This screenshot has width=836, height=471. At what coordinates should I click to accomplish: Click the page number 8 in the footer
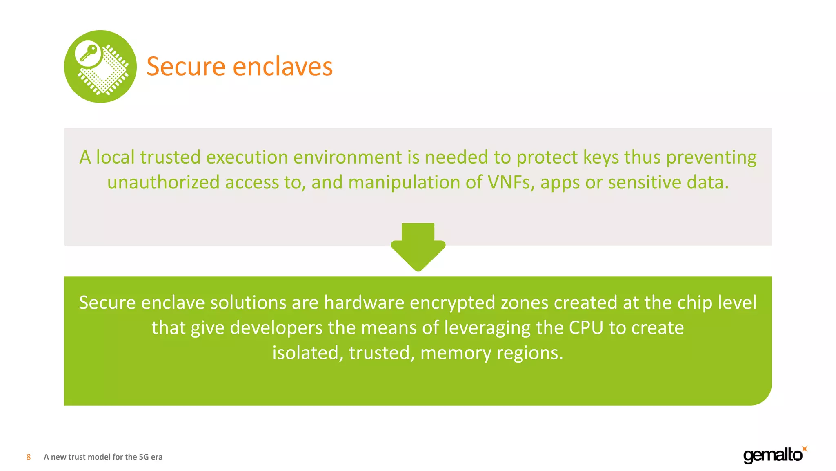29,457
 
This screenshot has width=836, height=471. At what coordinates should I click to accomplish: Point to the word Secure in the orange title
186,66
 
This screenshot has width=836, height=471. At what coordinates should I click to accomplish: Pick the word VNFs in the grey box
511,182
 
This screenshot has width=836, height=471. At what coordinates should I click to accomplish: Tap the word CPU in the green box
586,328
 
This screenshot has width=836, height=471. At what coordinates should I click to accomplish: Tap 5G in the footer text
144,457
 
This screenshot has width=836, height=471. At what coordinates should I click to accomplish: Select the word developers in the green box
276,328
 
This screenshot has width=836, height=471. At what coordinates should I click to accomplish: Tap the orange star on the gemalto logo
805,449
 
